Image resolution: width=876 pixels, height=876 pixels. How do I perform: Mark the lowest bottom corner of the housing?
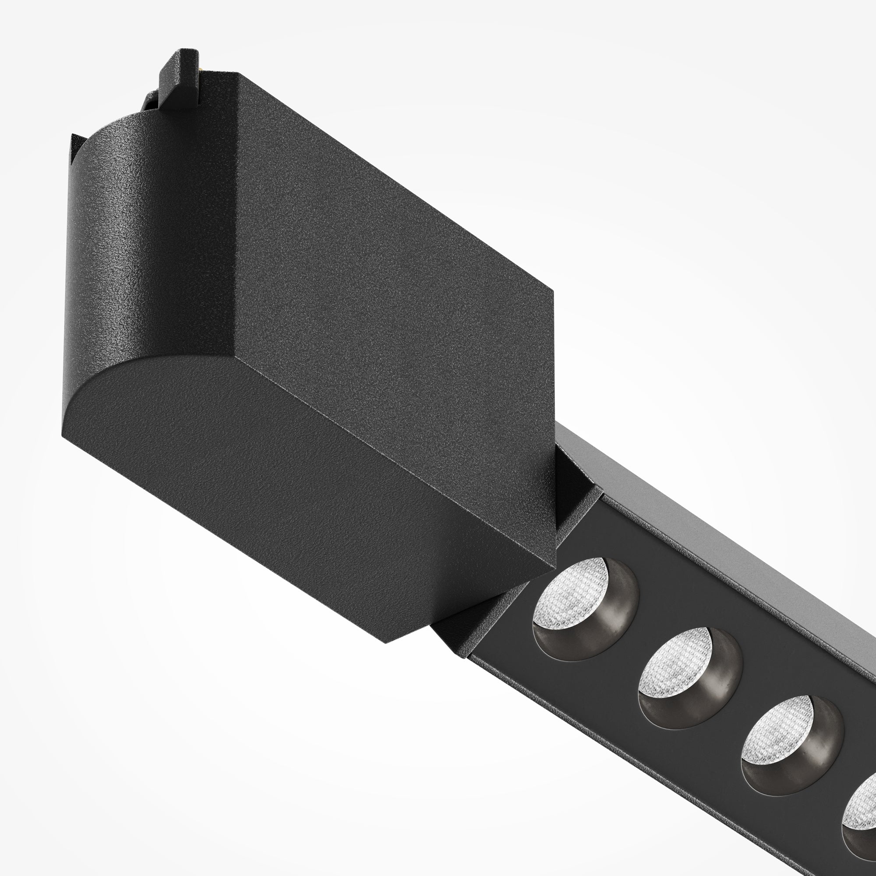(386, 642)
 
